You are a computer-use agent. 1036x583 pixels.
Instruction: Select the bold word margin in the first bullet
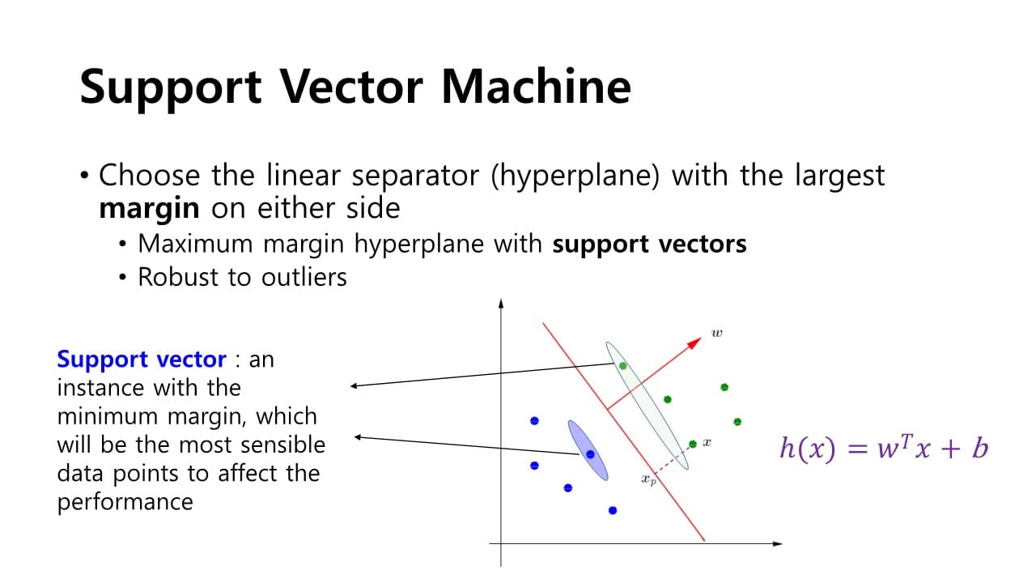tap(148, 208)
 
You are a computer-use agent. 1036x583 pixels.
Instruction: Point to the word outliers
tap(304, 277)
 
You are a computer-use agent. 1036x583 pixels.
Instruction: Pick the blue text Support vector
tap(142, 359)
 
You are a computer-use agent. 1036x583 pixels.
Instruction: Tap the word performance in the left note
tap(125, 501)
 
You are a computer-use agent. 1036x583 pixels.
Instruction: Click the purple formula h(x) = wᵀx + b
tap(883, 448)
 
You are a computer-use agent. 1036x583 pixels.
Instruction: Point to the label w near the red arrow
tap(716, 332)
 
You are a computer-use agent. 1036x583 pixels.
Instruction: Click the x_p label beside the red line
tap(648, 480)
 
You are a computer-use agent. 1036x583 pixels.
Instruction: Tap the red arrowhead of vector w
tap(694, 342)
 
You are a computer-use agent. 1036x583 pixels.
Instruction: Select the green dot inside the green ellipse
tap(622, 366)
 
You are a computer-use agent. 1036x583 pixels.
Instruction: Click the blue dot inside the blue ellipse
tap(590, 454)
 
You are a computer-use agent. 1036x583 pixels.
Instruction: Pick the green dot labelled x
tap(692, 444)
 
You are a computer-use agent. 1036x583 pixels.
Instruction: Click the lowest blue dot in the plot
tap(613, 510)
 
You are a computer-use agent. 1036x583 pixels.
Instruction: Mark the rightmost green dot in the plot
tap(737, 421)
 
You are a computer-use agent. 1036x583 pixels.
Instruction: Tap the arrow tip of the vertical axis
tap(502, 303)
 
